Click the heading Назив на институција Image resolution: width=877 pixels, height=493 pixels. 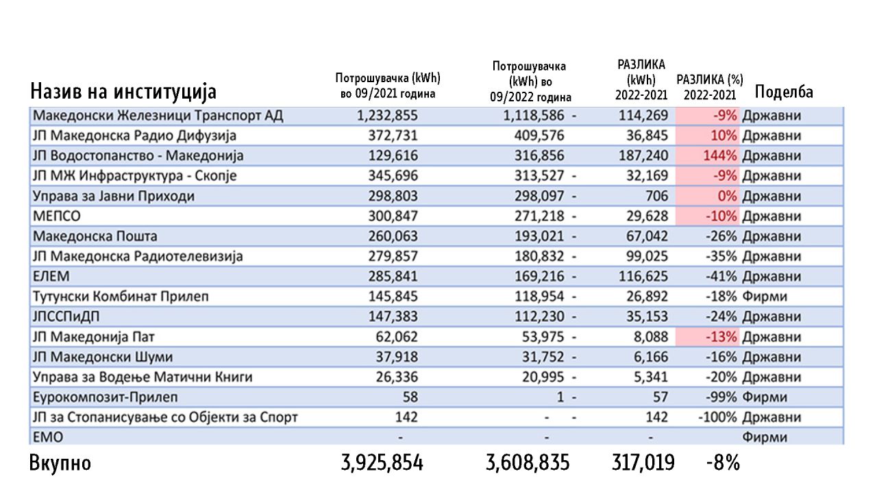123,92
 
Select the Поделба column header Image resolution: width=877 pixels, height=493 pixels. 783,92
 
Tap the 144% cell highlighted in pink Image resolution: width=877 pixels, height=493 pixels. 719,156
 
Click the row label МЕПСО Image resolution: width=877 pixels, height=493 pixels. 56,216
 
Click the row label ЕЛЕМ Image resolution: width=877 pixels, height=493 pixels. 51,277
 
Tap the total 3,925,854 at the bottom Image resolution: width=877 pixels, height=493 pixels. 382,464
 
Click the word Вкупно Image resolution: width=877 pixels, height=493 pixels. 60,464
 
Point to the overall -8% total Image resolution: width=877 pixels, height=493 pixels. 723,464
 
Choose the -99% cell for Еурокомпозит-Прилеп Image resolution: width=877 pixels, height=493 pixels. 719,397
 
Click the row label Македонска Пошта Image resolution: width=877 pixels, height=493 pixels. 95,236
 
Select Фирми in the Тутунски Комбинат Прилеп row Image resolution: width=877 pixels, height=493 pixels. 765,297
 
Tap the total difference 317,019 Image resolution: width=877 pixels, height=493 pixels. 643,464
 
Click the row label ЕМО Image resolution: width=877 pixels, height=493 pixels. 47,437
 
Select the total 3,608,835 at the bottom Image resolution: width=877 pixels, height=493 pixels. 528,464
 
